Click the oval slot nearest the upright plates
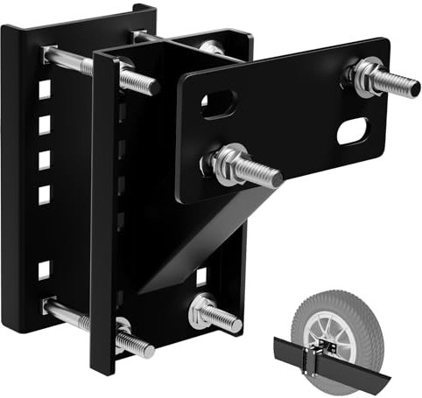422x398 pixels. pyautogui.click(x=215, y=105)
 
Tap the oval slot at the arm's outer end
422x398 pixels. pyautogui.click(x=352, y=131)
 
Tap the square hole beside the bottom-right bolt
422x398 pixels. pyautogui.click(x=200, y=277)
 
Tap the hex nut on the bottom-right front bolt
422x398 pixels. pyautogui.click(x=202, y=308)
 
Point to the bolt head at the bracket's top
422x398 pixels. pyautogui.click(x=210, y=47)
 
